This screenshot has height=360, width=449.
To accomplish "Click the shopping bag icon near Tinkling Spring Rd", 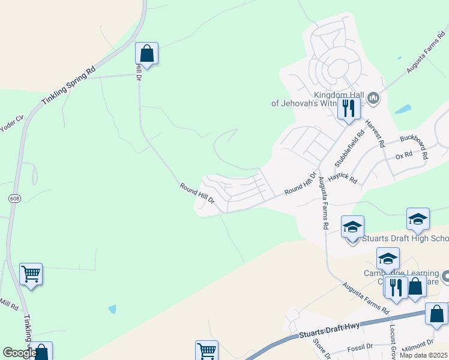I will [146, 53].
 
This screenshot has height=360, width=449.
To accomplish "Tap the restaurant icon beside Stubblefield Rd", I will [348, 109].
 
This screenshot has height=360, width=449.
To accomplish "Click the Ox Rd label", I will [404, 155].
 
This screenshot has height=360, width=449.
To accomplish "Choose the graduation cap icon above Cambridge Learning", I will [388, 259].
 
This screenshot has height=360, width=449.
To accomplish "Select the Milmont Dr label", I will [418, 344].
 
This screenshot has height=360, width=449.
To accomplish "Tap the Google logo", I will [19, 353].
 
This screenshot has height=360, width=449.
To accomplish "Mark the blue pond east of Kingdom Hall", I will [403, 110].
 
